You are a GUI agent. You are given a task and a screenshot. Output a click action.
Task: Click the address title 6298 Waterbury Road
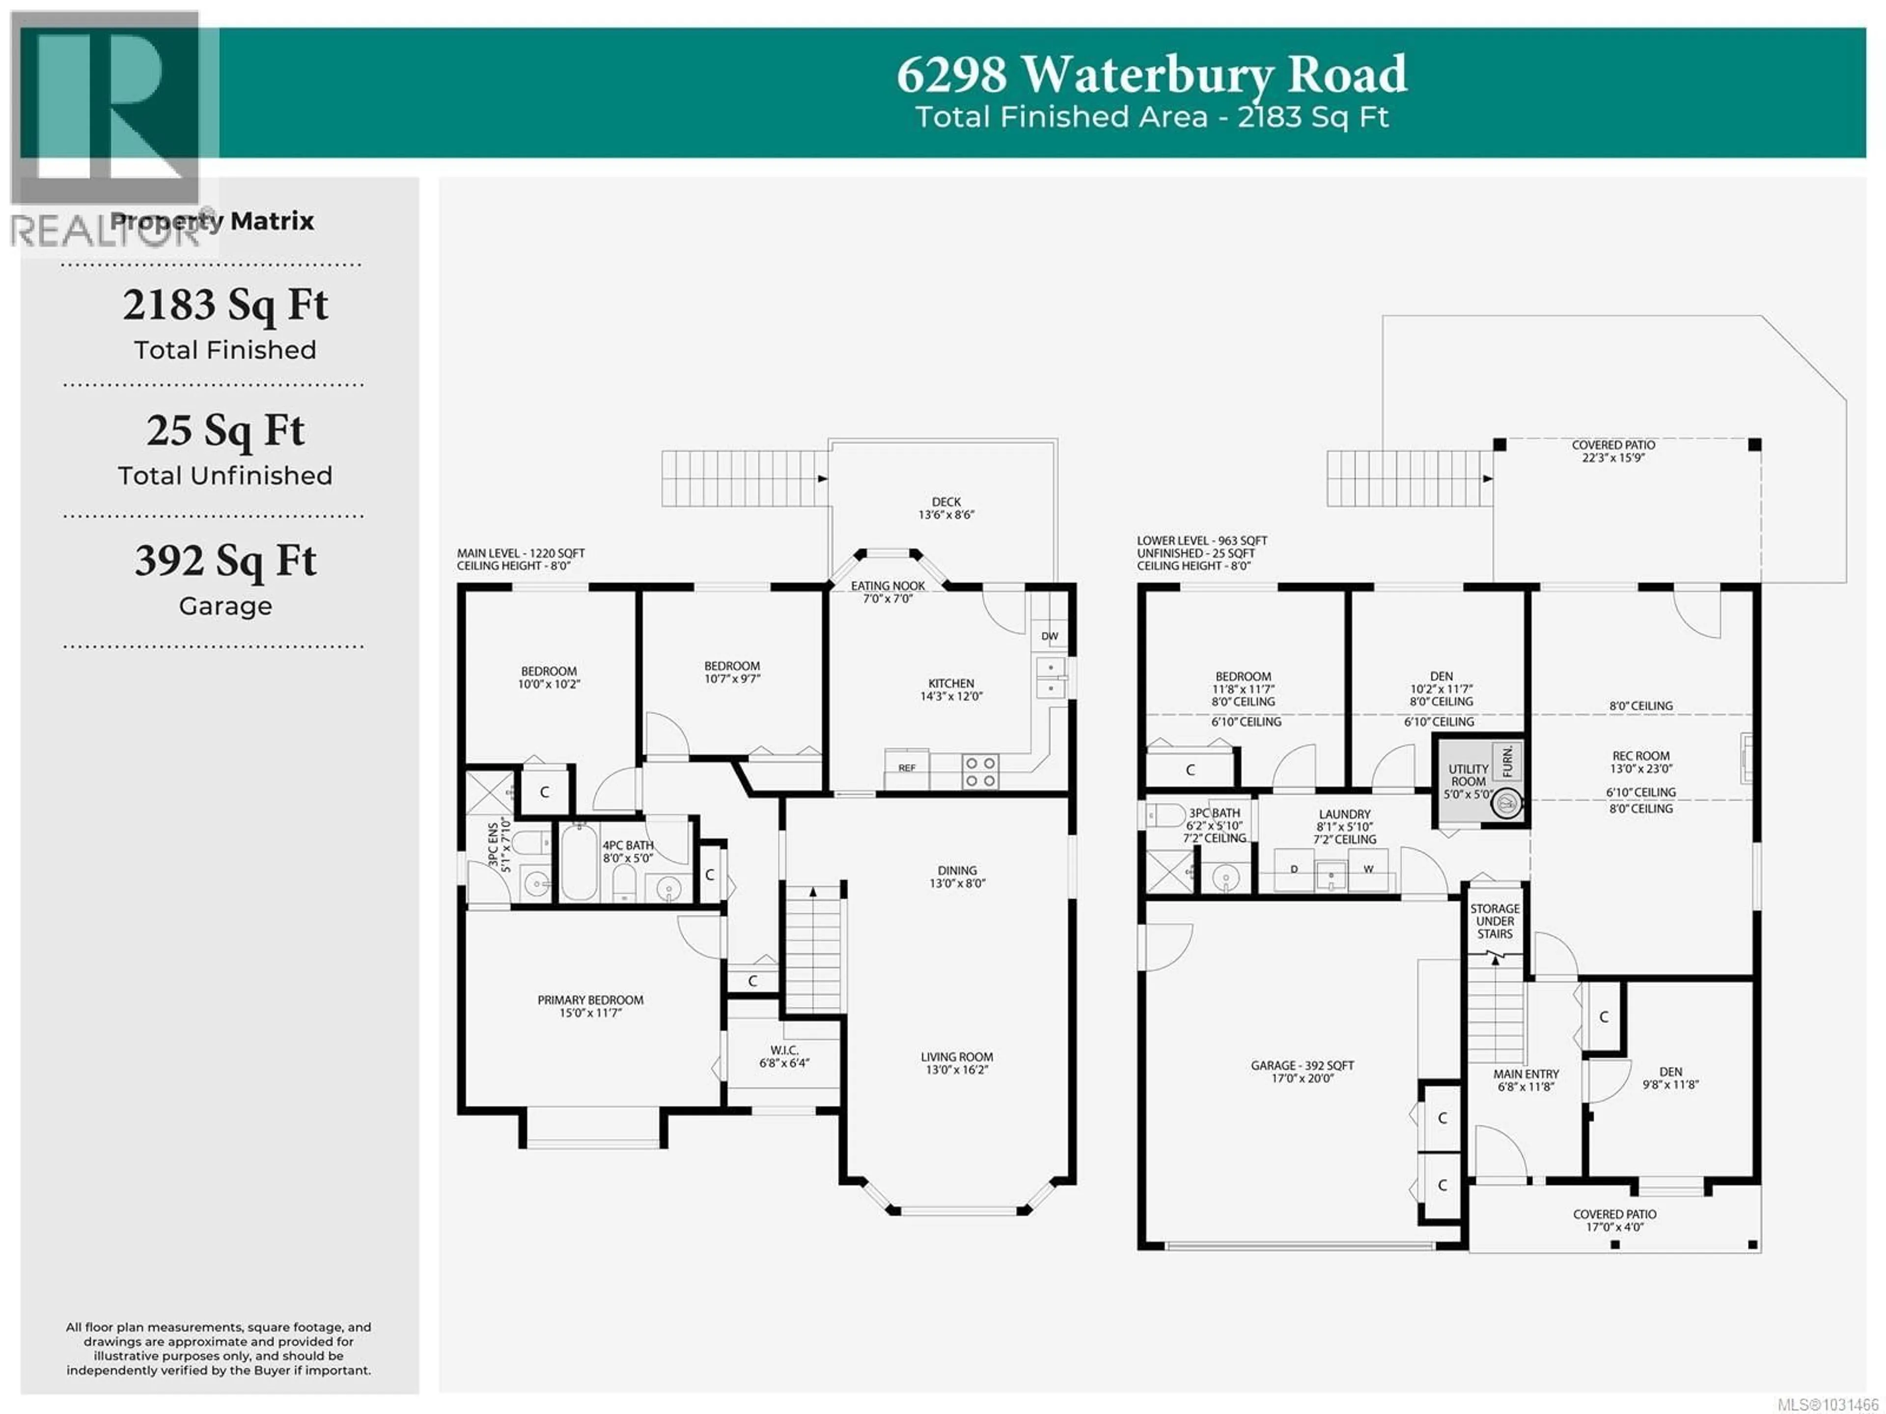1151,75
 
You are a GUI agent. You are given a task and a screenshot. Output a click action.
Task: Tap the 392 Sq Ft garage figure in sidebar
225,561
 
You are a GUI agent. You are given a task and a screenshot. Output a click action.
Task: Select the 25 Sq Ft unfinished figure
225,431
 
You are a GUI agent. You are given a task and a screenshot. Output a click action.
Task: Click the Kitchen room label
951,689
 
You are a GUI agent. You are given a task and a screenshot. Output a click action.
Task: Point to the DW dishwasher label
1050,636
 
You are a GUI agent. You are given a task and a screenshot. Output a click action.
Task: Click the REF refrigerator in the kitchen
906,767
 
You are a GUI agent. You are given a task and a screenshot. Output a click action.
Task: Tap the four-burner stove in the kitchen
980,772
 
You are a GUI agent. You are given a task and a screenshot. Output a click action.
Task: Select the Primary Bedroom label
590,1006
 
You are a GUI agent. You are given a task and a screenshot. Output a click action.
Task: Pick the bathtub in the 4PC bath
579,861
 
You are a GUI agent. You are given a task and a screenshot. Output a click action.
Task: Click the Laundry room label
1345,826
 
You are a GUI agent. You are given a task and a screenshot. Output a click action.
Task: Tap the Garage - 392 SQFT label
1302,1071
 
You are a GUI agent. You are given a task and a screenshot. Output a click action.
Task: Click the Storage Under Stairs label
1495,921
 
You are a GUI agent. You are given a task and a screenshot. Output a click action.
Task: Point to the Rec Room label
1640,762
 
